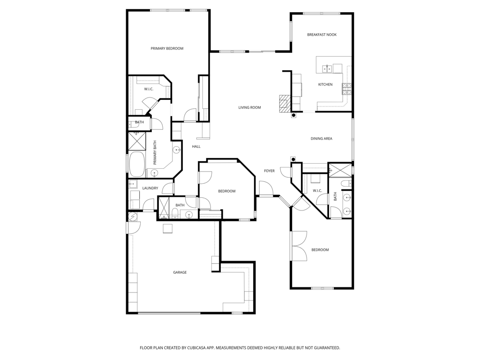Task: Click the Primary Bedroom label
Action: click(x=167, y=48)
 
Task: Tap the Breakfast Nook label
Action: click(x=322, y=35)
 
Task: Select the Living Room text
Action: click(x=249, y=107)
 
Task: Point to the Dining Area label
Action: click(x=322, y=139)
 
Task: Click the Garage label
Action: click(x=180, y=272)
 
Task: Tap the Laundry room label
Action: click(x=150, y=188)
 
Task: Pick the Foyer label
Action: click(x=270, y=171)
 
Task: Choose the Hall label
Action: click(x=196, y=147)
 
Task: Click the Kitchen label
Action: click(x=325, y=84)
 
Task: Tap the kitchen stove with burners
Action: click(x=347, y=89)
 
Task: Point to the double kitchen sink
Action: click(x=327, y=68)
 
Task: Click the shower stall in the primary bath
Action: click(x=136, y=141)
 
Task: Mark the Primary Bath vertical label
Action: click(x=155, y=153)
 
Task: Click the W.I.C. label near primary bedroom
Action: click(x=149, y=89)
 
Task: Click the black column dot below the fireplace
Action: click(x=293, y=115)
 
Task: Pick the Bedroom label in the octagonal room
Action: click(x=227, y=191)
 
